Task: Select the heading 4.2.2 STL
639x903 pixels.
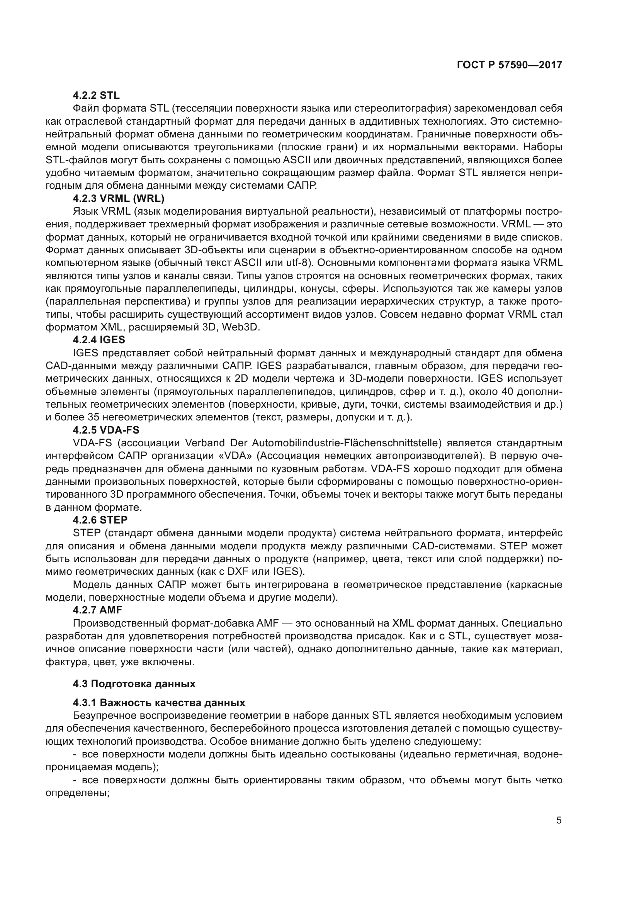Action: click(x=97, y=95)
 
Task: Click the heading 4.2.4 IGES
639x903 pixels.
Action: click(x=99, y=339)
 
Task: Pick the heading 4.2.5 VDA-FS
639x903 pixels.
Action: click(x=106, y=430)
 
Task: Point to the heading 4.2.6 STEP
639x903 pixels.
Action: click(x=100, y=520)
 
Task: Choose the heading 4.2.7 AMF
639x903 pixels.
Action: click(x=98, y=610)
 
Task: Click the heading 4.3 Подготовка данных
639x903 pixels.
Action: click(x=134, y=684)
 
